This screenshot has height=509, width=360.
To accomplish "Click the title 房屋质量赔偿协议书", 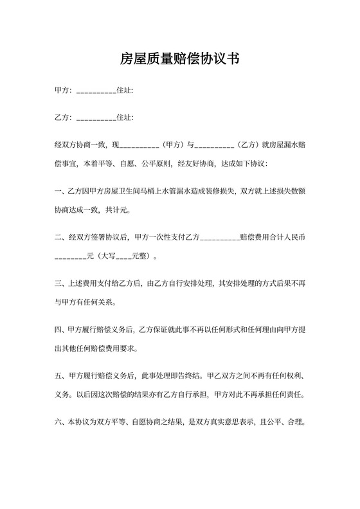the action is [180, 60].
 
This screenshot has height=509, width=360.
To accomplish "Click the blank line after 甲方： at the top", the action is [96, 91].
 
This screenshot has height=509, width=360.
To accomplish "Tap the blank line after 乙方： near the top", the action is [96, 119].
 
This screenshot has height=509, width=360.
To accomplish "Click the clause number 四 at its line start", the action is [59, 330].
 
